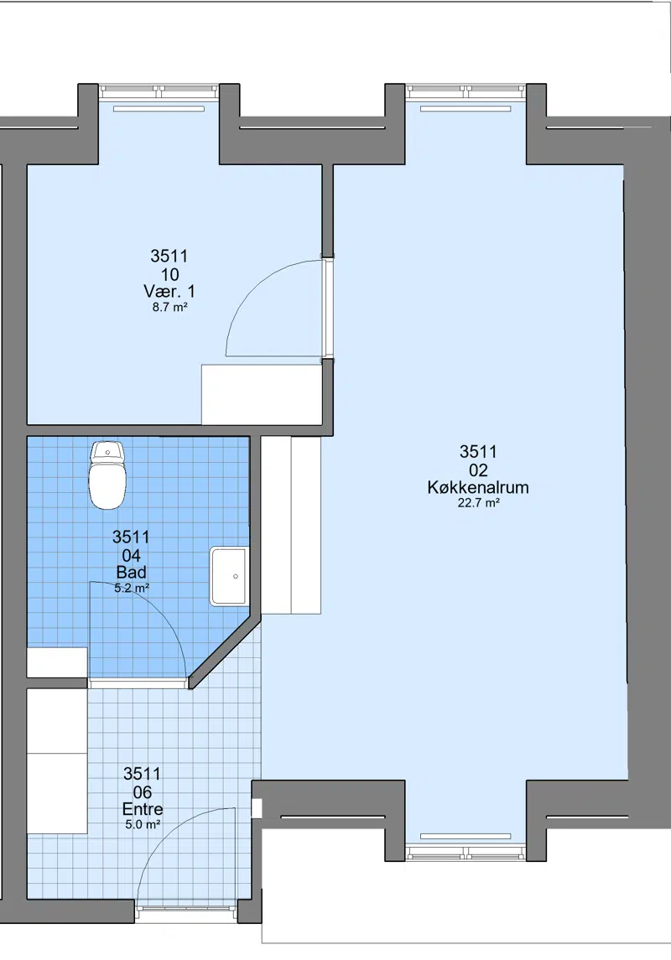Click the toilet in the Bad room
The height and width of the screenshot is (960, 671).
[107, 475]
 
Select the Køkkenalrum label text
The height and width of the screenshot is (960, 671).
[478, 487]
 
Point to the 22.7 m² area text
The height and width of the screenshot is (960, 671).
[478, 503]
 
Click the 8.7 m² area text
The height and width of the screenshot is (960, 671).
[169, 308]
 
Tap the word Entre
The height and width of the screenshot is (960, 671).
[143, 809]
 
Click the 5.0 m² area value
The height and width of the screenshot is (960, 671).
[143, 825]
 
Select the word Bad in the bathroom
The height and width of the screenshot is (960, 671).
[131, 572]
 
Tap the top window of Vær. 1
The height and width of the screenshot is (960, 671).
[159, 92]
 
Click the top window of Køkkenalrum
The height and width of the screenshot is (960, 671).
[466, 92]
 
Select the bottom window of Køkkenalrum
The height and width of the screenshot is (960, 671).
[466, 852]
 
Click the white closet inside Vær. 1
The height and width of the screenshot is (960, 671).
[262, 395]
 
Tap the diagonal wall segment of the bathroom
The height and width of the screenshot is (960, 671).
[224, 651]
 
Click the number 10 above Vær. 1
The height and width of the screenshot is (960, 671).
[169, 273]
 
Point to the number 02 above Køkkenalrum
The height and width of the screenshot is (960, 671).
[478, 470]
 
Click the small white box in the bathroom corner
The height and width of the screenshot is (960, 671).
[57, 662]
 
